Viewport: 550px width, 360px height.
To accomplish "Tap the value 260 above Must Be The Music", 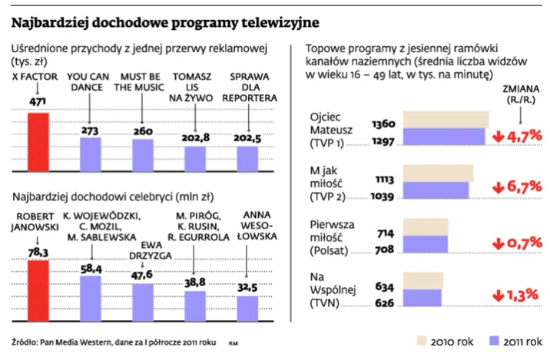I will (143, 131).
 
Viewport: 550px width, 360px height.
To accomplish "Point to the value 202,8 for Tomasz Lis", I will (195, 137).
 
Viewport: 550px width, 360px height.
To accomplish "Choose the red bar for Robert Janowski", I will (38, 289).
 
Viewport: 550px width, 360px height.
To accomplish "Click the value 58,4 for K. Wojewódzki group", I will (91, 269).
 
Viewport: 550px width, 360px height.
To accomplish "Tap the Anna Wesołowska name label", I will (247, 226).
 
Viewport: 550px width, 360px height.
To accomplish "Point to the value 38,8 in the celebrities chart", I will (195, 283).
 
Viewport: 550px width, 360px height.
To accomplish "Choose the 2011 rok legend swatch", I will (495, 341).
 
